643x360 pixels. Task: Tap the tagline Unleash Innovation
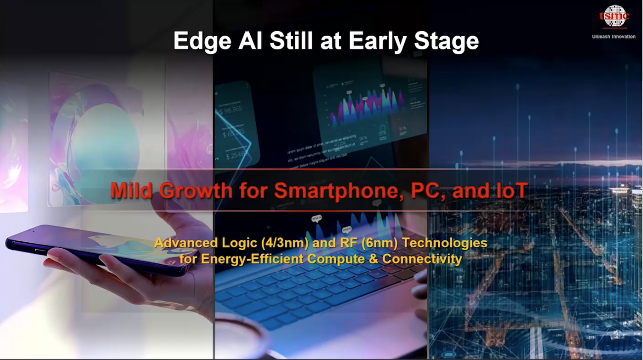[x=613, y=37]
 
